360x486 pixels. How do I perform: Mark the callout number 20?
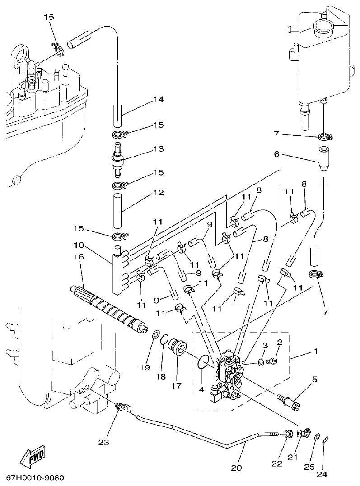(236, 467)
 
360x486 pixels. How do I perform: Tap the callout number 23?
(103, 443)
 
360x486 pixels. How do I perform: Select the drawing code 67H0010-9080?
(35, 478)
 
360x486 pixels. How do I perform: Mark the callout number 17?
(175, 386)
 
